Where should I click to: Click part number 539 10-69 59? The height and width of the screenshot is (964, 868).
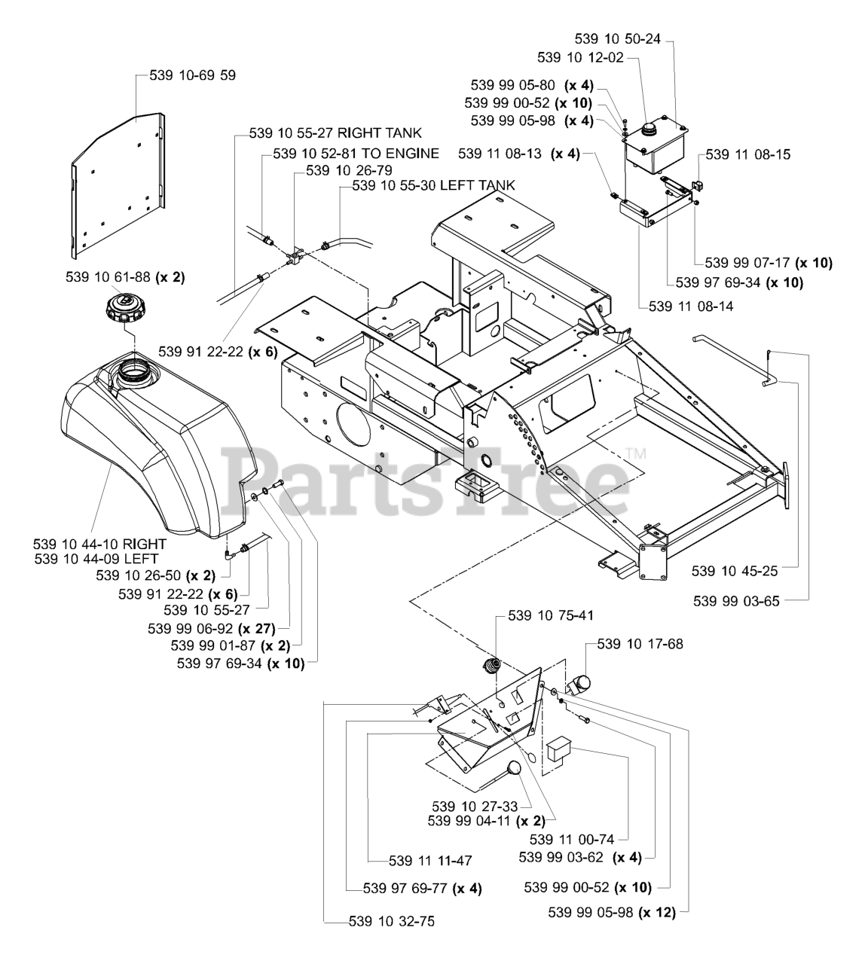(x=182, y=75)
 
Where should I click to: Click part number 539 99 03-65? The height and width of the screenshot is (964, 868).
(x=735, y=601)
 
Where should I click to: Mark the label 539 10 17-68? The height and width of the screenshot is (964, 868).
(x=640, y=644)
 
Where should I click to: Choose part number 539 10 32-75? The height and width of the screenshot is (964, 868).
(x=392, y=921)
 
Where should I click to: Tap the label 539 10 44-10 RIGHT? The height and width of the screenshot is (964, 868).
(x=100, y=543)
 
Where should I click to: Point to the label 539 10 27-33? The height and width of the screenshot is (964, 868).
(x=475, y=806)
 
